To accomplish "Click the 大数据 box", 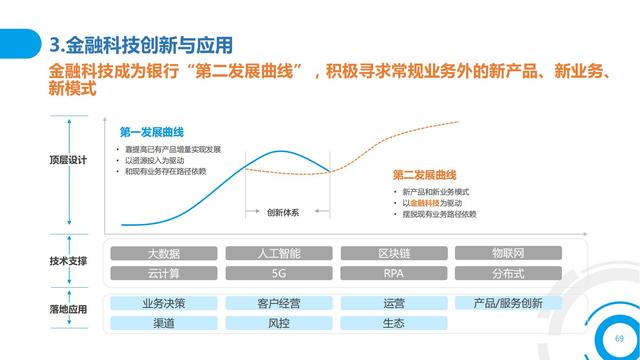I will click(164, 253).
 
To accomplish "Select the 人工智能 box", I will click(279, 253).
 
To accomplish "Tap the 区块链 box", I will click(393, 253).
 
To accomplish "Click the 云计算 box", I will click(164, 272).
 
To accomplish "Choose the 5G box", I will click(279, 272).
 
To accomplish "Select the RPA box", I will click(393, 272).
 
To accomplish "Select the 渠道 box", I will click(164, 323).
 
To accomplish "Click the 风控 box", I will click(279, 323).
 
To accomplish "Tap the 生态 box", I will click(393, 323).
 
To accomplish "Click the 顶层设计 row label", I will click(68, 159).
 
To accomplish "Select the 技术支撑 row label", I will click(68, 261).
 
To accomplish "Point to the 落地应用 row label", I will click(68, 312).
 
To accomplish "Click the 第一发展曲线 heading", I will click(152, 132).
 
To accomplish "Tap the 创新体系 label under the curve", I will click(283, 211).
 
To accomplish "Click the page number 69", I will click(604, 337).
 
